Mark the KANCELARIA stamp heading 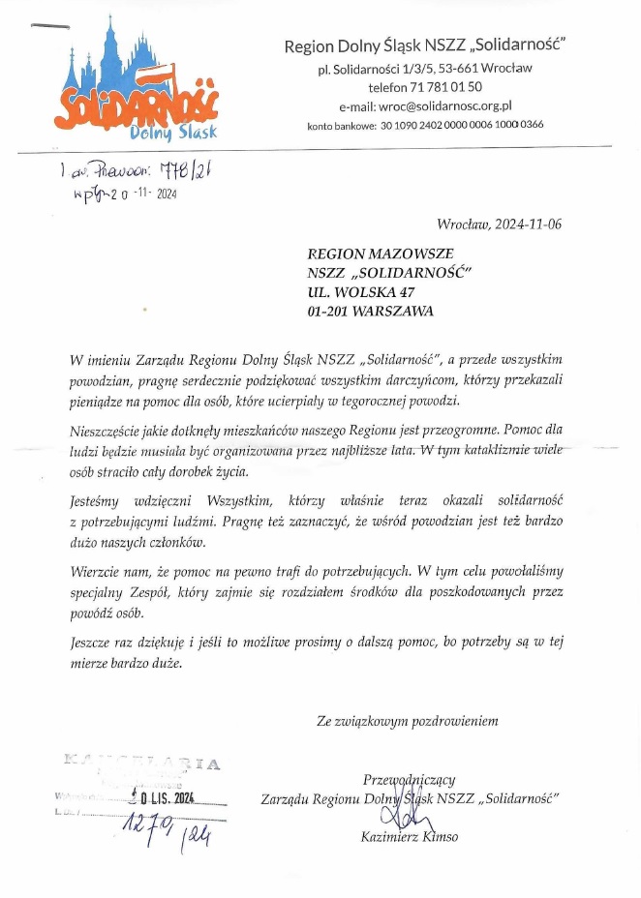(146, 764)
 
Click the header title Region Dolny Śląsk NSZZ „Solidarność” (424, 45)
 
